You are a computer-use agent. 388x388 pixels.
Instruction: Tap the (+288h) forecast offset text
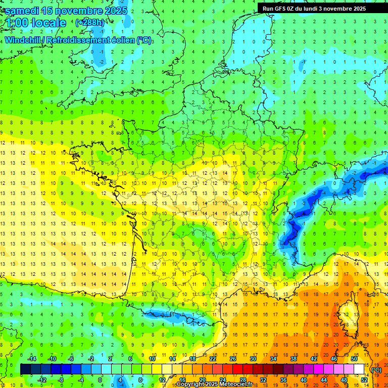pyautogui.click(x=90, y=23)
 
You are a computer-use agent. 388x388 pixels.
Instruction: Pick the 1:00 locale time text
pyautogui.click(x=35, y=23)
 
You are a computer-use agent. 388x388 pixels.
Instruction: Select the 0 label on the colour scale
pyautogui.click(x=100, y=380)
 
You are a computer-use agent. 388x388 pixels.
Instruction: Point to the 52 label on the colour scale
pyautogui.click(x=364, y=380)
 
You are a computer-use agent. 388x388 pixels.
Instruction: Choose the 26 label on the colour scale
pyautogui.click(x=232, y=359)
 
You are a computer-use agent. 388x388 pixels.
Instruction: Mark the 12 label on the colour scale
pyautogui.click(x=162, y=380)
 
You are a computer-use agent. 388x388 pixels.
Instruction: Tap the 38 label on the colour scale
pyautogui.click(x=293, y=359)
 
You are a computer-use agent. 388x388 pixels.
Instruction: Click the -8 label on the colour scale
pyautogui.click(x=61, y=380)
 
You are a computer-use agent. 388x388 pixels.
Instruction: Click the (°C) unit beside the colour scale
pyautogui.click(x=376, y=370)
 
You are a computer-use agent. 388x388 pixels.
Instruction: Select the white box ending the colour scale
pyautogui.click(x=359, y=369)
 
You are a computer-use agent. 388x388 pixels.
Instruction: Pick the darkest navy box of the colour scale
pyautogui.click(x=25, y=369)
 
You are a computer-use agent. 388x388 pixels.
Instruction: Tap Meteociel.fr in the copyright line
pyautogui.click(x=239, y=384)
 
